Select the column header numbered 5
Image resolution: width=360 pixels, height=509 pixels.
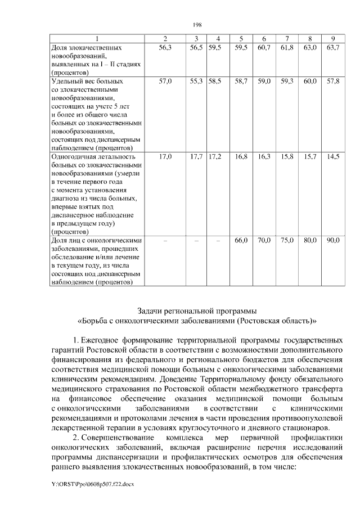point(241,38)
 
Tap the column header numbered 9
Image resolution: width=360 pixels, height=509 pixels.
point(332,38)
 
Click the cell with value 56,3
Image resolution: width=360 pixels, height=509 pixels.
point(165,48)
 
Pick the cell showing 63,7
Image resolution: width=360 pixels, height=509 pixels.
point(332,48)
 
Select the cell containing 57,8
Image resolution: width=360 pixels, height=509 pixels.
point(332,82)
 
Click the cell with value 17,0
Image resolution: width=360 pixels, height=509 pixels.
point(165,156)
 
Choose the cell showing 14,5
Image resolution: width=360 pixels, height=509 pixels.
point(332,156)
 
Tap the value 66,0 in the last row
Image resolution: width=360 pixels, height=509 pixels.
point(241,240)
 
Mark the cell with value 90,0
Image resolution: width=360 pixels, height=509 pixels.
point(332,240)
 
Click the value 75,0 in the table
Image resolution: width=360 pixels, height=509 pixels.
point(287,240)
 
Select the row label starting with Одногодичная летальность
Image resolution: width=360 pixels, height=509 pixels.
point(93,156)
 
